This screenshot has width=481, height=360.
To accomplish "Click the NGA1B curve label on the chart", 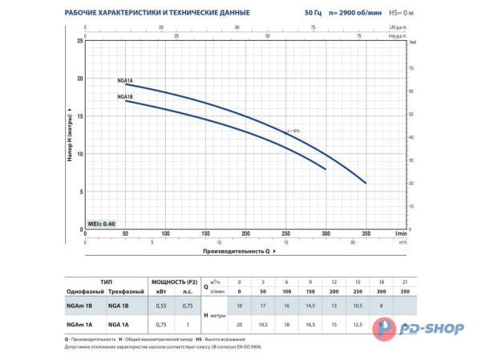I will tap(124, 97).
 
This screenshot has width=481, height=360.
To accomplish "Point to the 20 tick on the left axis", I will tap(79, 79).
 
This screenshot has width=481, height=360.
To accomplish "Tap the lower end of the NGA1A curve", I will tap(366, 183).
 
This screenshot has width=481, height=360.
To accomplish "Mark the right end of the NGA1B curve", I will tap(325, 169).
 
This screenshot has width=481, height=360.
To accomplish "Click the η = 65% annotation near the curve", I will tap(297, 131).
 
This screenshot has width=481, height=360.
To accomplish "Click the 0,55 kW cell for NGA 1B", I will tap(160, 306).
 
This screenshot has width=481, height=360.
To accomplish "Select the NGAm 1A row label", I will tap(82, 324).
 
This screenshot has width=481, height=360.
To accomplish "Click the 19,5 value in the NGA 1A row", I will tap(264, 324).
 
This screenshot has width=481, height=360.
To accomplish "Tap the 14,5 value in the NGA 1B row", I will tap(309, 306).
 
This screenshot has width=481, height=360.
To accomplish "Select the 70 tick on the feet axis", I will tap(412, 67).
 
